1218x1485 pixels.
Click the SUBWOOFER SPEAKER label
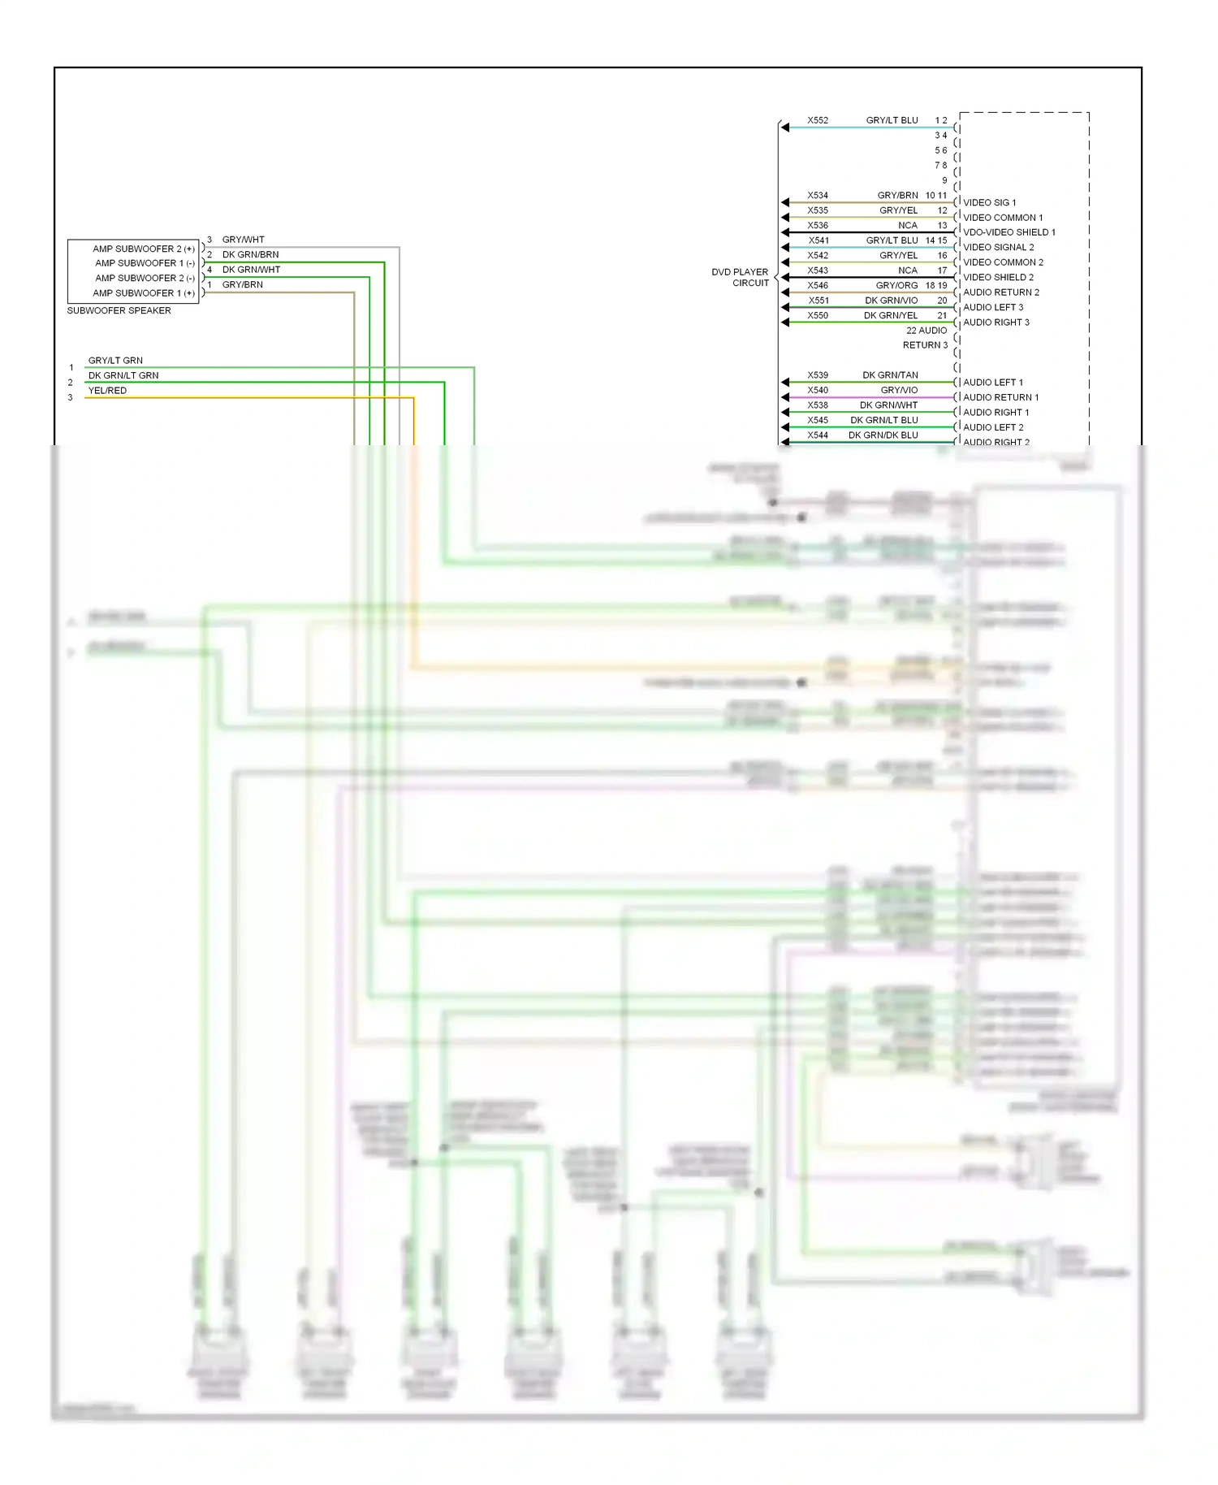coord(119,310)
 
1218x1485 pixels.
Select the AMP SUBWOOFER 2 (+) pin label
coord(143,249)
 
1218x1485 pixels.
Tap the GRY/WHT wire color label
coord(243,240)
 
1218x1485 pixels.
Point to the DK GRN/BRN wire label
coord(250,254)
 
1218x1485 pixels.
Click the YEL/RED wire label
coord(107,390)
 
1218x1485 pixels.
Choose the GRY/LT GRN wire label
coord(115,360)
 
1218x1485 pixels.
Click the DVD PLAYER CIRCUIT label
coord(741,277)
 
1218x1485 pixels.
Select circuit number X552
coord(818,120)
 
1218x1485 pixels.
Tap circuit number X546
coord(818,285)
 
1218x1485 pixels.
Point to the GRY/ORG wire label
coord(896,285)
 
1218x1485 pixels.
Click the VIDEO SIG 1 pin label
coord(989,202)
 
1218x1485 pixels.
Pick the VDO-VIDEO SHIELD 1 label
coord(1009,232)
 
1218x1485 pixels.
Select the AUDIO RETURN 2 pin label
coord(1000,292)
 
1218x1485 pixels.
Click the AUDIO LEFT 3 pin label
coord(993,307)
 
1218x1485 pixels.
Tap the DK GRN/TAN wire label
coord(890,375)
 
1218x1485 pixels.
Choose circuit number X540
coord(818,390)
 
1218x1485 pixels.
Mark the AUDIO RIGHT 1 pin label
coord(996,412)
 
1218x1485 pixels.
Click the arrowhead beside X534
coord(784,202)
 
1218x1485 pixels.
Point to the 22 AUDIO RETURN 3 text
coord(926,337)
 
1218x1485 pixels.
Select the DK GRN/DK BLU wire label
coord(883,435)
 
